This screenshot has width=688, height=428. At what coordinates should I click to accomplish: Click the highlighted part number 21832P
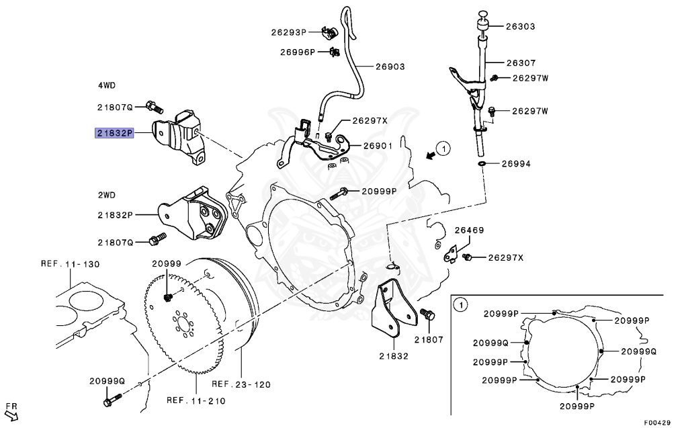114,133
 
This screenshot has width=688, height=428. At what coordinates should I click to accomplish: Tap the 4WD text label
106,85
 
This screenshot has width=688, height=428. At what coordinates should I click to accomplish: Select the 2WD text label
106,195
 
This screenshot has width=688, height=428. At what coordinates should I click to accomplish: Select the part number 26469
469,230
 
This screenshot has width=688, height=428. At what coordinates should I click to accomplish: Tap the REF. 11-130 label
71,264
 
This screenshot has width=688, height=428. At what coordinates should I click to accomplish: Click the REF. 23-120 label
241,385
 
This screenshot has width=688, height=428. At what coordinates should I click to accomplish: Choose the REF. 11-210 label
196,401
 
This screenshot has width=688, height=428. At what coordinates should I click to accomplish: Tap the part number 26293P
289,32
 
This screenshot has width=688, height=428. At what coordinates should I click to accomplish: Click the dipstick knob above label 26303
482,15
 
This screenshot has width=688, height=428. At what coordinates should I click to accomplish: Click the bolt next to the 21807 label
427,314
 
